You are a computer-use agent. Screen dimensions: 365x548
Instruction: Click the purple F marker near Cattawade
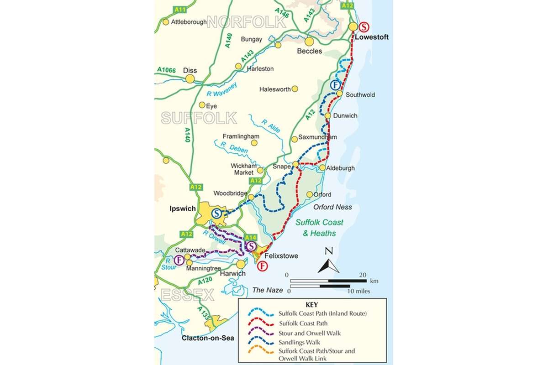(x=179, y=261)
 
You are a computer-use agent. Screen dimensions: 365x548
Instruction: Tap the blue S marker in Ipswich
(x=218, y=213)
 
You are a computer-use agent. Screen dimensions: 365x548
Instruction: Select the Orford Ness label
(x=332, y=207)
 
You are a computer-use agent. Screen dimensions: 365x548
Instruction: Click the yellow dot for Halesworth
(x=295, y=89)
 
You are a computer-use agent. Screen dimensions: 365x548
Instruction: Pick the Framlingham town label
(x=241, y=136)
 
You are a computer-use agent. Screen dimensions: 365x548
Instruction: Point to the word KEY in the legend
(x=311, y=304)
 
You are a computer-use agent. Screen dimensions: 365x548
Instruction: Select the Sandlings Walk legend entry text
(x=300, y=342)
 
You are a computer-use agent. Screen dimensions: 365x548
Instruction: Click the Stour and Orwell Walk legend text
(x=310, y=333)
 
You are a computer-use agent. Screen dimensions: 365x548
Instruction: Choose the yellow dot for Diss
(x=190, y=79)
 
